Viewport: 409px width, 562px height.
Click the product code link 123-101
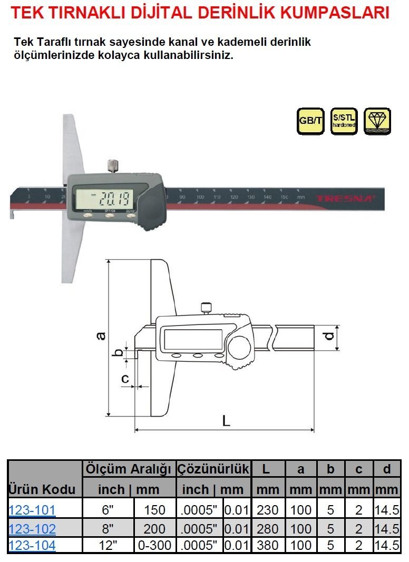click(32, 510)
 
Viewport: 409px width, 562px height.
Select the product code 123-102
click(32, 529)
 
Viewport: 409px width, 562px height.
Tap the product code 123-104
click(32, 546)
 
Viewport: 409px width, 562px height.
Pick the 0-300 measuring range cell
click(154, 546)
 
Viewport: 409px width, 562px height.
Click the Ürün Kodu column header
click(42, 489)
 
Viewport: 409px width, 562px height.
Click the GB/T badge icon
click(310, 121)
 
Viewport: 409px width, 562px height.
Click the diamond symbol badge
click(377, 121)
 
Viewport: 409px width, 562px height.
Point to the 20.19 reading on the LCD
click(112, 199)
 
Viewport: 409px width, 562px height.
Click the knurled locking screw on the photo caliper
click(112, 166)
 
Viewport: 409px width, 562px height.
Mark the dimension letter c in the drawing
click(125, 378)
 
